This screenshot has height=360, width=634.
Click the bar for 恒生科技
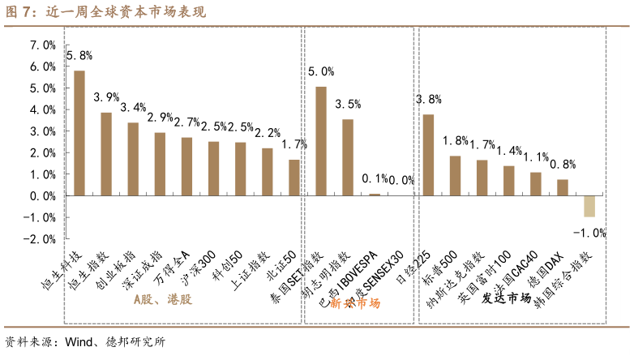pos(79,133)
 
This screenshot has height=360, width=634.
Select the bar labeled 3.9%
pos(106,154)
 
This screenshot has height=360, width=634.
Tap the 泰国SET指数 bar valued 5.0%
pos(321,141)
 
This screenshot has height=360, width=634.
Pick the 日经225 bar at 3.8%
pos(428,155)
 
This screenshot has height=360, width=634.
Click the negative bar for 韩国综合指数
pos(589,206)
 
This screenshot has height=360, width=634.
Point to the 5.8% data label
pos(79,56)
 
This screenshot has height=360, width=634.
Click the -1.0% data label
pos(589,233)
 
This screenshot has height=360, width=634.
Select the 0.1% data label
pos(375,179)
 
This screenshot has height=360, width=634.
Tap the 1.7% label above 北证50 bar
pos(294,144)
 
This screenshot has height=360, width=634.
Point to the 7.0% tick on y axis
pos(42,45)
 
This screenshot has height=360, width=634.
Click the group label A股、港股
pos(162,299)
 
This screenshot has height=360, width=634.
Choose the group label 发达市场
pos(506,298)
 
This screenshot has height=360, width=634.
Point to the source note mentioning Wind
pos(85,342)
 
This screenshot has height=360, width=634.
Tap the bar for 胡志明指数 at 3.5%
pos(348,157)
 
